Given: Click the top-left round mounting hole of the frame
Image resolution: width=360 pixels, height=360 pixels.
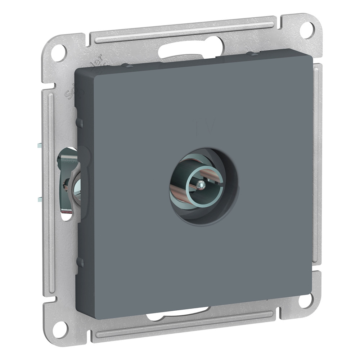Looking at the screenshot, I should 59,53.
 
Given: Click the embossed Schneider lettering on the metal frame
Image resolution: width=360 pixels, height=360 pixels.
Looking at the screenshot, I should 84,76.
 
